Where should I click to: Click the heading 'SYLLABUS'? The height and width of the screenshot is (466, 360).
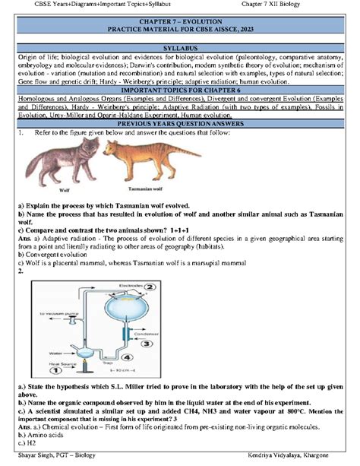click(x=180, y=47)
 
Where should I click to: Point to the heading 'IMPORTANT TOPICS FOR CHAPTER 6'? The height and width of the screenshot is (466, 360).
click(x=180, y=90)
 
